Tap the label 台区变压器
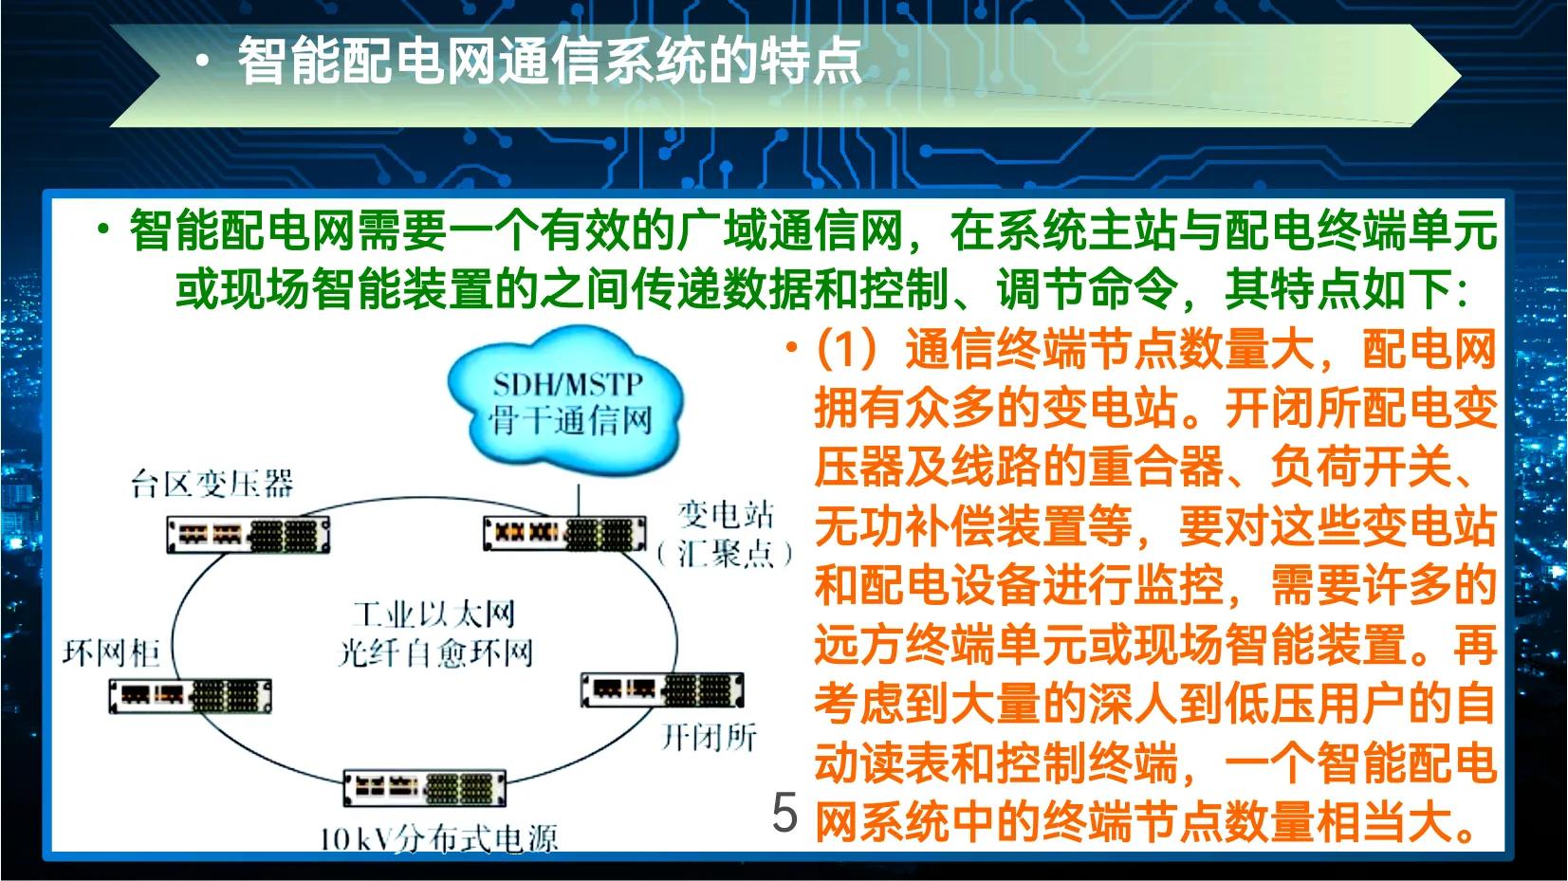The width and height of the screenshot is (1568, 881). (212, 484)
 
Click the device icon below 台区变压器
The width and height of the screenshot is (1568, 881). (249, 535)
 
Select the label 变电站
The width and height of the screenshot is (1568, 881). (726, 515)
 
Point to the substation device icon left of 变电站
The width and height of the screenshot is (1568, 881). (563, 534)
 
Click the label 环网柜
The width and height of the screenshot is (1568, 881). (111, 652)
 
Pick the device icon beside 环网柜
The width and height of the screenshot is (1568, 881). (190, 695)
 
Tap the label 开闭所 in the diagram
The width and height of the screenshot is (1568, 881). (709, 736)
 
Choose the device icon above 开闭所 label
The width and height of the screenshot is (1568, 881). (661, 689)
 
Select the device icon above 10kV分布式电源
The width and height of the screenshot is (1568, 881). (424, 787)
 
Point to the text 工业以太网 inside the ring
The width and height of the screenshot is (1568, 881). (434, 615)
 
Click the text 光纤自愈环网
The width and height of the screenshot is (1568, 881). (435, 652)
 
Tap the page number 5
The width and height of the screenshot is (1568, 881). (784, 813)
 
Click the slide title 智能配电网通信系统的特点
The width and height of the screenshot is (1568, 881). (549, 62)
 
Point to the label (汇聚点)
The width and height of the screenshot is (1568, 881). (726, 553)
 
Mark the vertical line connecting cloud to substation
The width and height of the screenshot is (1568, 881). (578, 500)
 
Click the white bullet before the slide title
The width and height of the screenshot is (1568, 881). (201, 62)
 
